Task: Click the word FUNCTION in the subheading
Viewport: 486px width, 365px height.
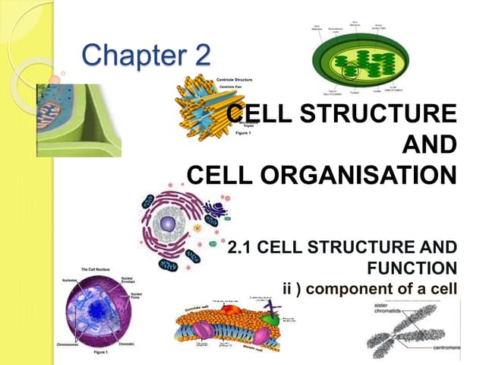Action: tap(412, 268)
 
